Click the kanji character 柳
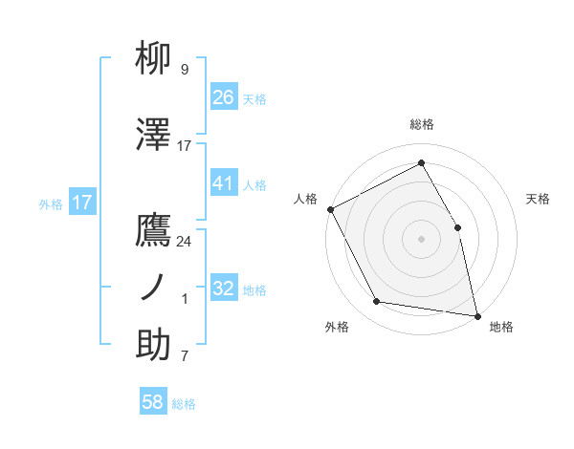pyautogui.click(x=154, y=59)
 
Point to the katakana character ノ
pyautogui.click(x=154, y=288)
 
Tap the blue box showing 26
pyautogui.click(x=223, y=97)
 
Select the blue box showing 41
pyautogui.click(x=223, y=183)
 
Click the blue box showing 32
pyautogui.click(x=223, y=289)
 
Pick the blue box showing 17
pyautogui.click(x=81, y=203)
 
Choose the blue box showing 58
pyautogui.click(x=153, y=403)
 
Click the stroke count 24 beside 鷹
pyautogui.click(x=185, y=242)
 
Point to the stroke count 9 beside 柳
pyautogui.click(x=185, y=70)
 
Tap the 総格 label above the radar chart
pyautogui.click(x=421, y=124)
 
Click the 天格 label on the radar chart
pyautogui.click(x=539, y=199)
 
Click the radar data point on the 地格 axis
pyautogui.click(x=476, y=314)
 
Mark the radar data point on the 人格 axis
pyautogui.click(x=330, y=209)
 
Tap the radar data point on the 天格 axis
pyautogui.click(x=457, y=227)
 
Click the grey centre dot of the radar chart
pyautogui.click(x=421, y=239)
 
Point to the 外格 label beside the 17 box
pyautogui.click(x=51, y=203)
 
